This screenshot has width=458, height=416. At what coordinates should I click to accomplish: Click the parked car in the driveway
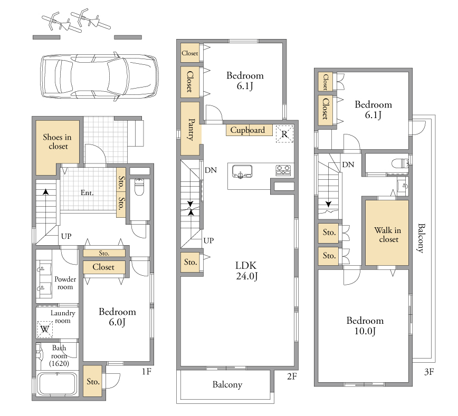(99, 76)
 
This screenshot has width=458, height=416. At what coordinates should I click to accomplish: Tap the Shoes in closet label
(57, 142)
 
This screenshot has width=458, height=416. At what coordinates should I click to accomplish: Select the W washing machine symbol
(45, 330)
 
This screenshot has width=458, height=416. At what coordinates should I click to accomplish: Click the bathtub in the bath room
(58, 384)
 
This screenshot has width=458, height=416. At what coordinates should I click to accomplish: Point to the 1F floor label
(147, 371)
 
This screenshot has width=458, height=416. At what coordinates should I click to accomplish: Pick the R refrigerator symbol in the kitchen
(284, 134)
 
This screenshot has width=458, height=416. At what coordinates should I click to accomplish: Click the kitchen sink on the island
(242, 171)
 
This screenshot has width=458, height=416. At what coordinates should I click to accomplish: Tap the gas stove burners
(283, 170)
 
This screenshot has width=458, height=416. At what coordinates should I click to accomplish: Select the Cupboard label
(247, 130)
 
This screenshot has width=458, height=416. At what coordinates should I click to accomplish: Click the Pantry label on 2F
(191, 130)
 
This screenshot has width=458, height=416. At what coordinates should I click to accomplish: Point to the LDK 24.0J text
(246, 270)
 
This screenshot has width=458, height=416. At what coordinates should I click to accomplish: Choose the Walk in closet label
(388, 235)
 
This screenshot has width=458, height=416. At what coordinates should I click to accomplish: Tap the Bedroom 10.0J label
(365, 325)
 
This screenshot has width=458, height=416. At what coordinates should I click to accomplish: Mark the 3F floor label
(429, 372)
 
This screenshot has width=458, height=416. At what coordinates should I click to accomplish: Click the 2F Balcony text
(227, 385)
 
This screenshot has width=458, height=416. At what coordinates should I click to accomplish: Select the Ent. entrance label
(87, 192)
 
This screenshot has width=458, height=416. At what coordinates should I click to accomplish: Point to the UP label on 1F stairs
(66, 236)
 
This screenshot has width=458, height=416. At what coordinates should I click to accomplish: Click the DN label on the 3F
(348, 165)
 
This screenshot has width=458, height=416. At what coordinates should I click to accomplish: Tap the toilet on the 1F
(139, 187)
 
